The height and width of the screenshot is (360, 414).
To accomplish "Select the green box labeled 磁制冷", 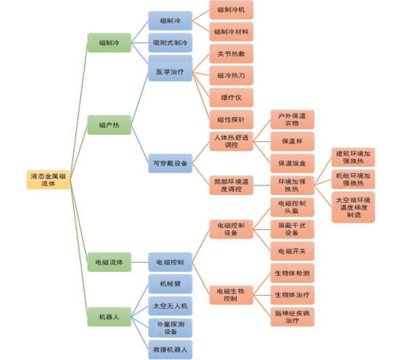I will pos(108,42).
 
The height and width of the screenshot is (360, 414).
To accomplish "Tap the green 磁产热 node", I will pos(108,125).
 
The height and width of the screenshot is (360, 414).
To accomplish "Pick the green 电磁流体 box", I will pos(108,261).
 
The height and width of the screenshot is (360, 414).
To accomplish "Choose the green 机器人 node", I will pos(108,317).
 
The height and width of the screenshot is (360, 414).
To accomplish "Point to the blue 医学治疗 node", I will pos(170,70).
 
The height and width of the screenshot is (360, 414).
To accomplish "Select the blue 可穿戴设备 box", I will pos(170,162).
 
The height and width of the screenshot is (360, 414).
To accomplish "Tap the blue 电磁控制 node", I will pos(170,261).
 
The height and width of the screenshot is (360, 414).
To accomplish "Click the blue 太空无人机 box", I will pos(170,306).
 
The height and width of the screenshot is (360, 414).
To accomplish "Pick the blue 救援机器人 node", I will pos(170,349).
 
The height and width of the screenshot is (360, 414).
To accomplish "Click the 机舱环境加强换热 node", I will pos(353,179).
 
